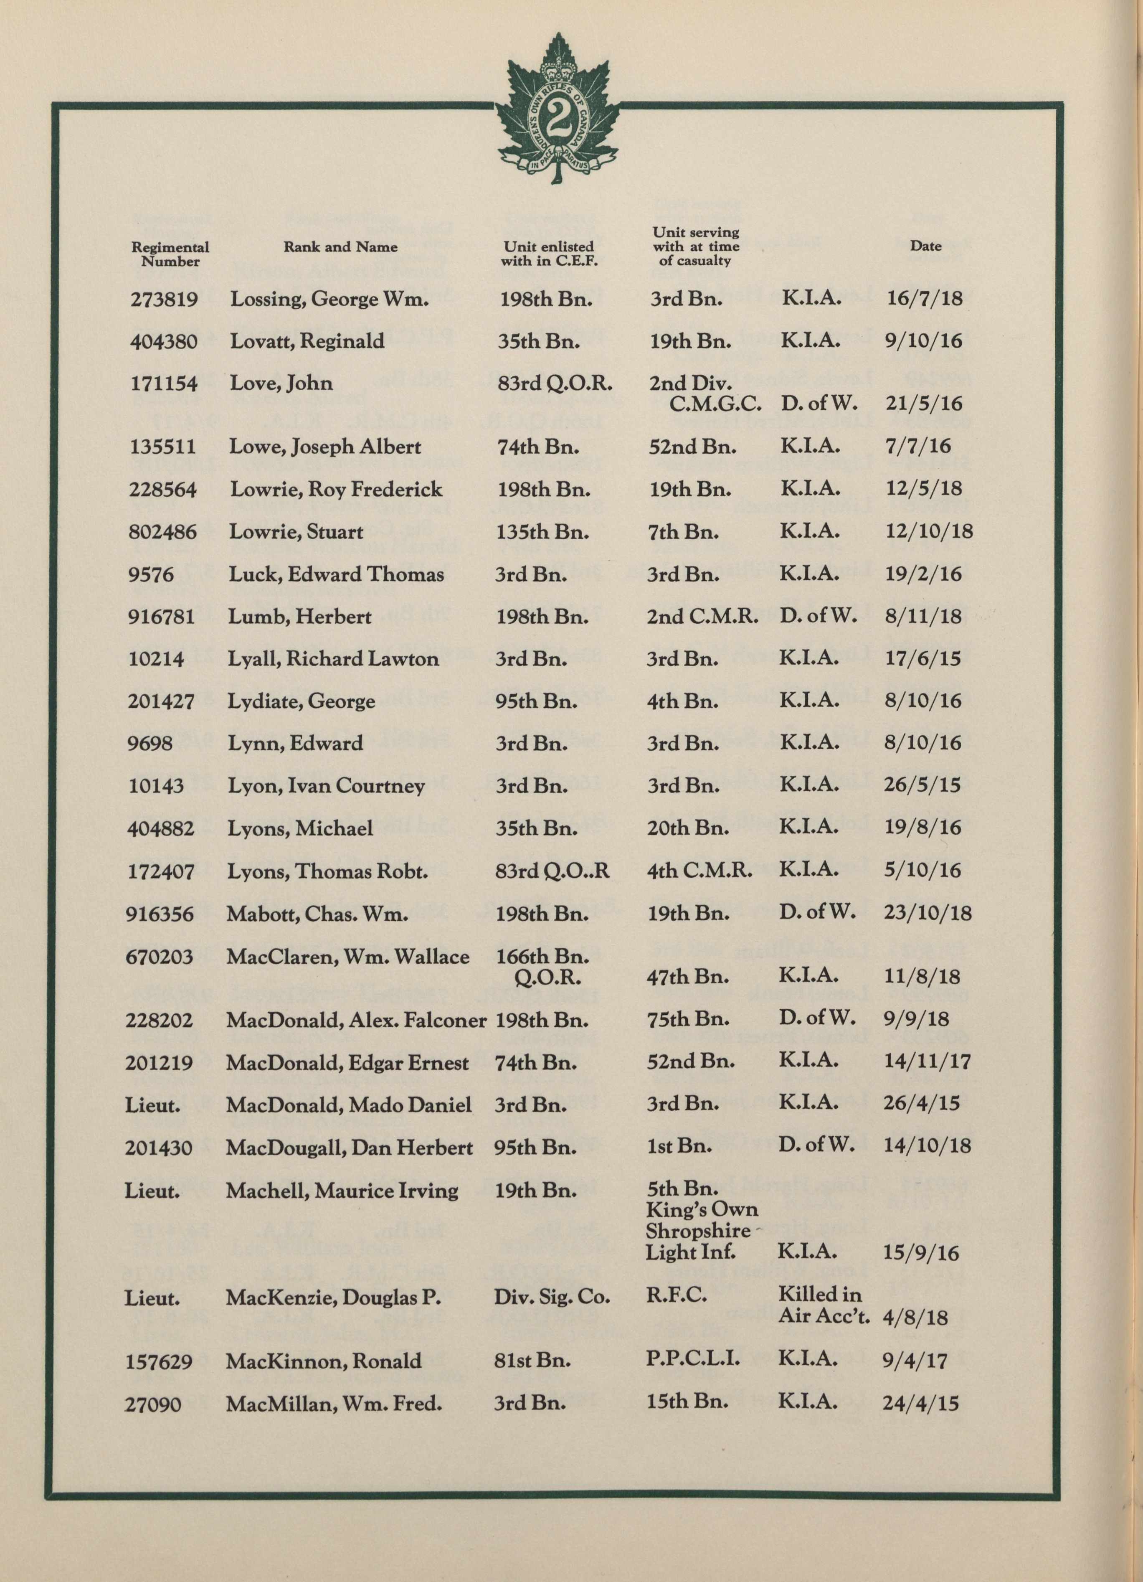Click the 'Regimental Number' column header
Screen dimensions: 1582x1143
coord(170,254)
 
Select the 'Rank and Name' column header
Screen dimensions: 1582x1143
coord(340,247)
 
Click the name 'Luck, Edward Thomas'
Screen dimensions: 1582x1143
coord(336,575)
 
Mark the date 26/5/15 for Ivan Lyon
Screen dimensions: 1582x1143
coord(922,785)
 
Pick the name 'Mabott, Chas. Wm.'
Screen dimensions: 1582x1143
coord(317,914)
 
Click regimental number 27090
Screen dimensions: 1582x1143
coord(153,1404)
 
